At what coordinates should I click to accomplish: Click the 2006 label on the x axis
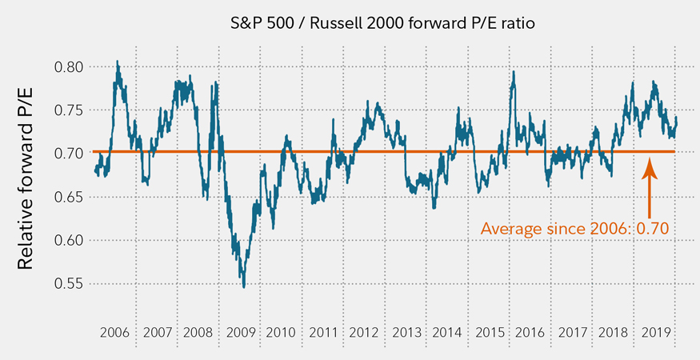[x=116, y=332]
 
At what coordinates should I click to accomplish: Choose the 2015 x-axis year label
[x=488, y=332]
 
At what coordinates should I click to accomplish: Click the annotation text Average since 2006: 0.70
[x=574, y=229]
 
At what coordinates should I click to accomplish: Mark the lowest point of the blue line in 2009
[x=243, y=286]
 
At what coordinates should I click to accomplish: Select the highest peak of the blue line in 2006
[x=118, y=61]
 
